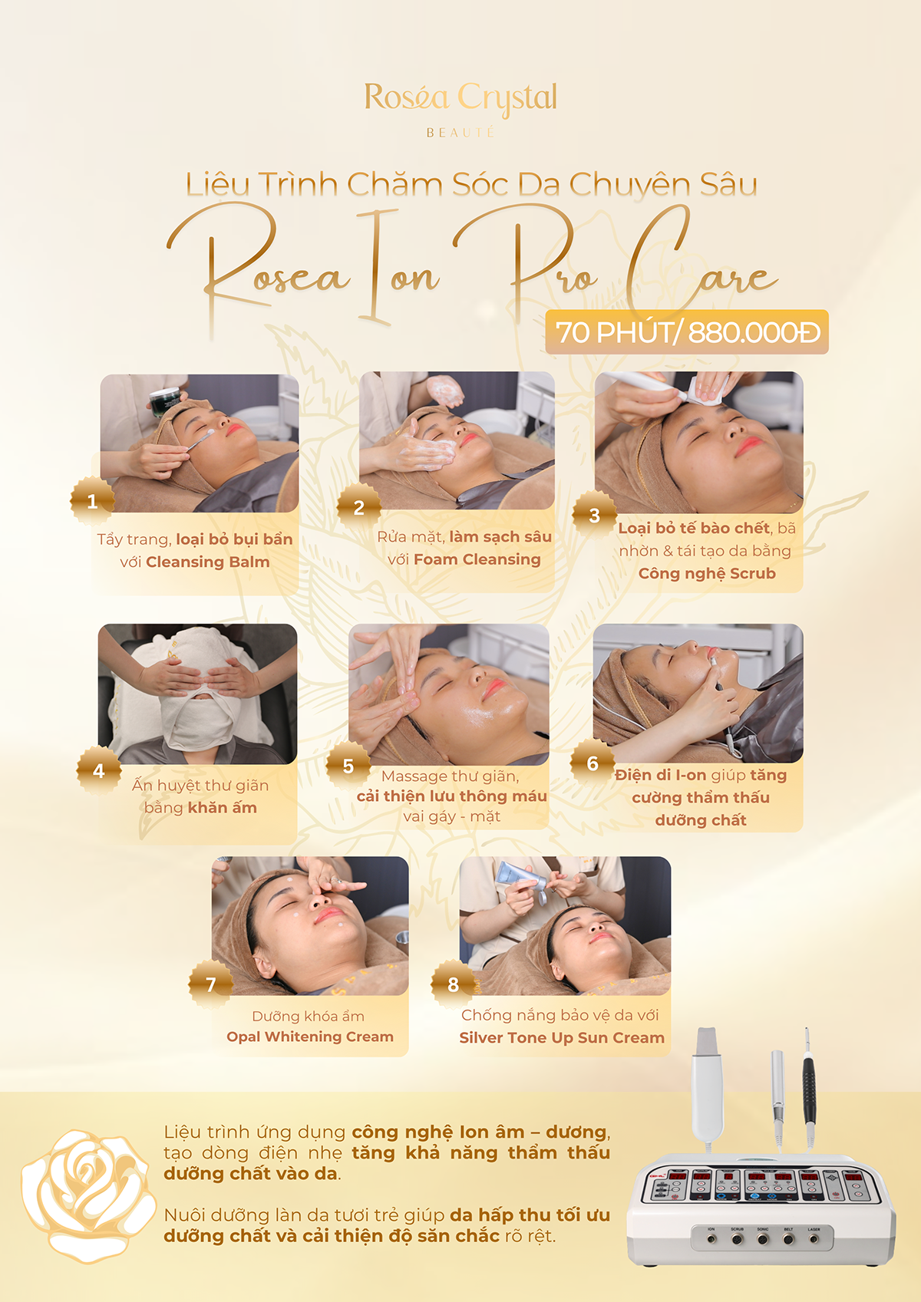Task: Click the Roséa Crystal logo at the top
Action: pos(460,108)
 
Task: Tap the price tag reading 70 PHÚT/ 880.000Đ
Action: pos(687,332)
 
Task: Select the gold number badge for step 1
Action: pos(92,500)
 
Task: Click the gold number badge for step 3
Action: pos(594,515)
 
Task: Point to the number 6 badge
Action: pos(593,763)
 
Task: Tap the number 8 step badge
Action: pos(453,984)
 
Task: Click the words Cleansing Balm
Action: pos(207,562)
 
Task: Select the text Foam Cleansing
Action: pos(477,559)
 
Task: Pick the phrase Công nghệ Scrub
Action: pos(707,574)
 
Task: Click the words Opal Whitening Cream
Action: pos(310,1037)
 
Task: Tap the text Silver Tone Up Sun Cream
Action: pos(562,1037)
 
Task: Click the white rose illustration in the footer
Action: pos(89,1195)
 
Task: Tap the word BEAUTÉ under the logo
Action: pos(460,133)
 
